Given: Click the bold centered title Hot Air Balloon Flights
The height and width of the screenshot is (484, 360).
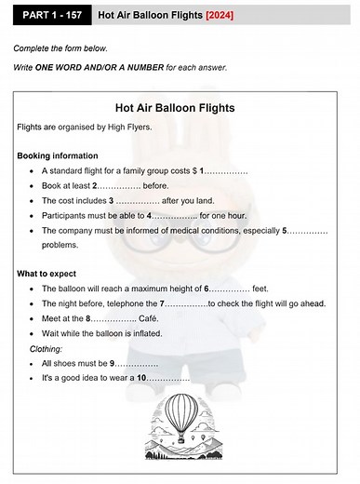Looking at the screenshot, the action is (x=180, y=107).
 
